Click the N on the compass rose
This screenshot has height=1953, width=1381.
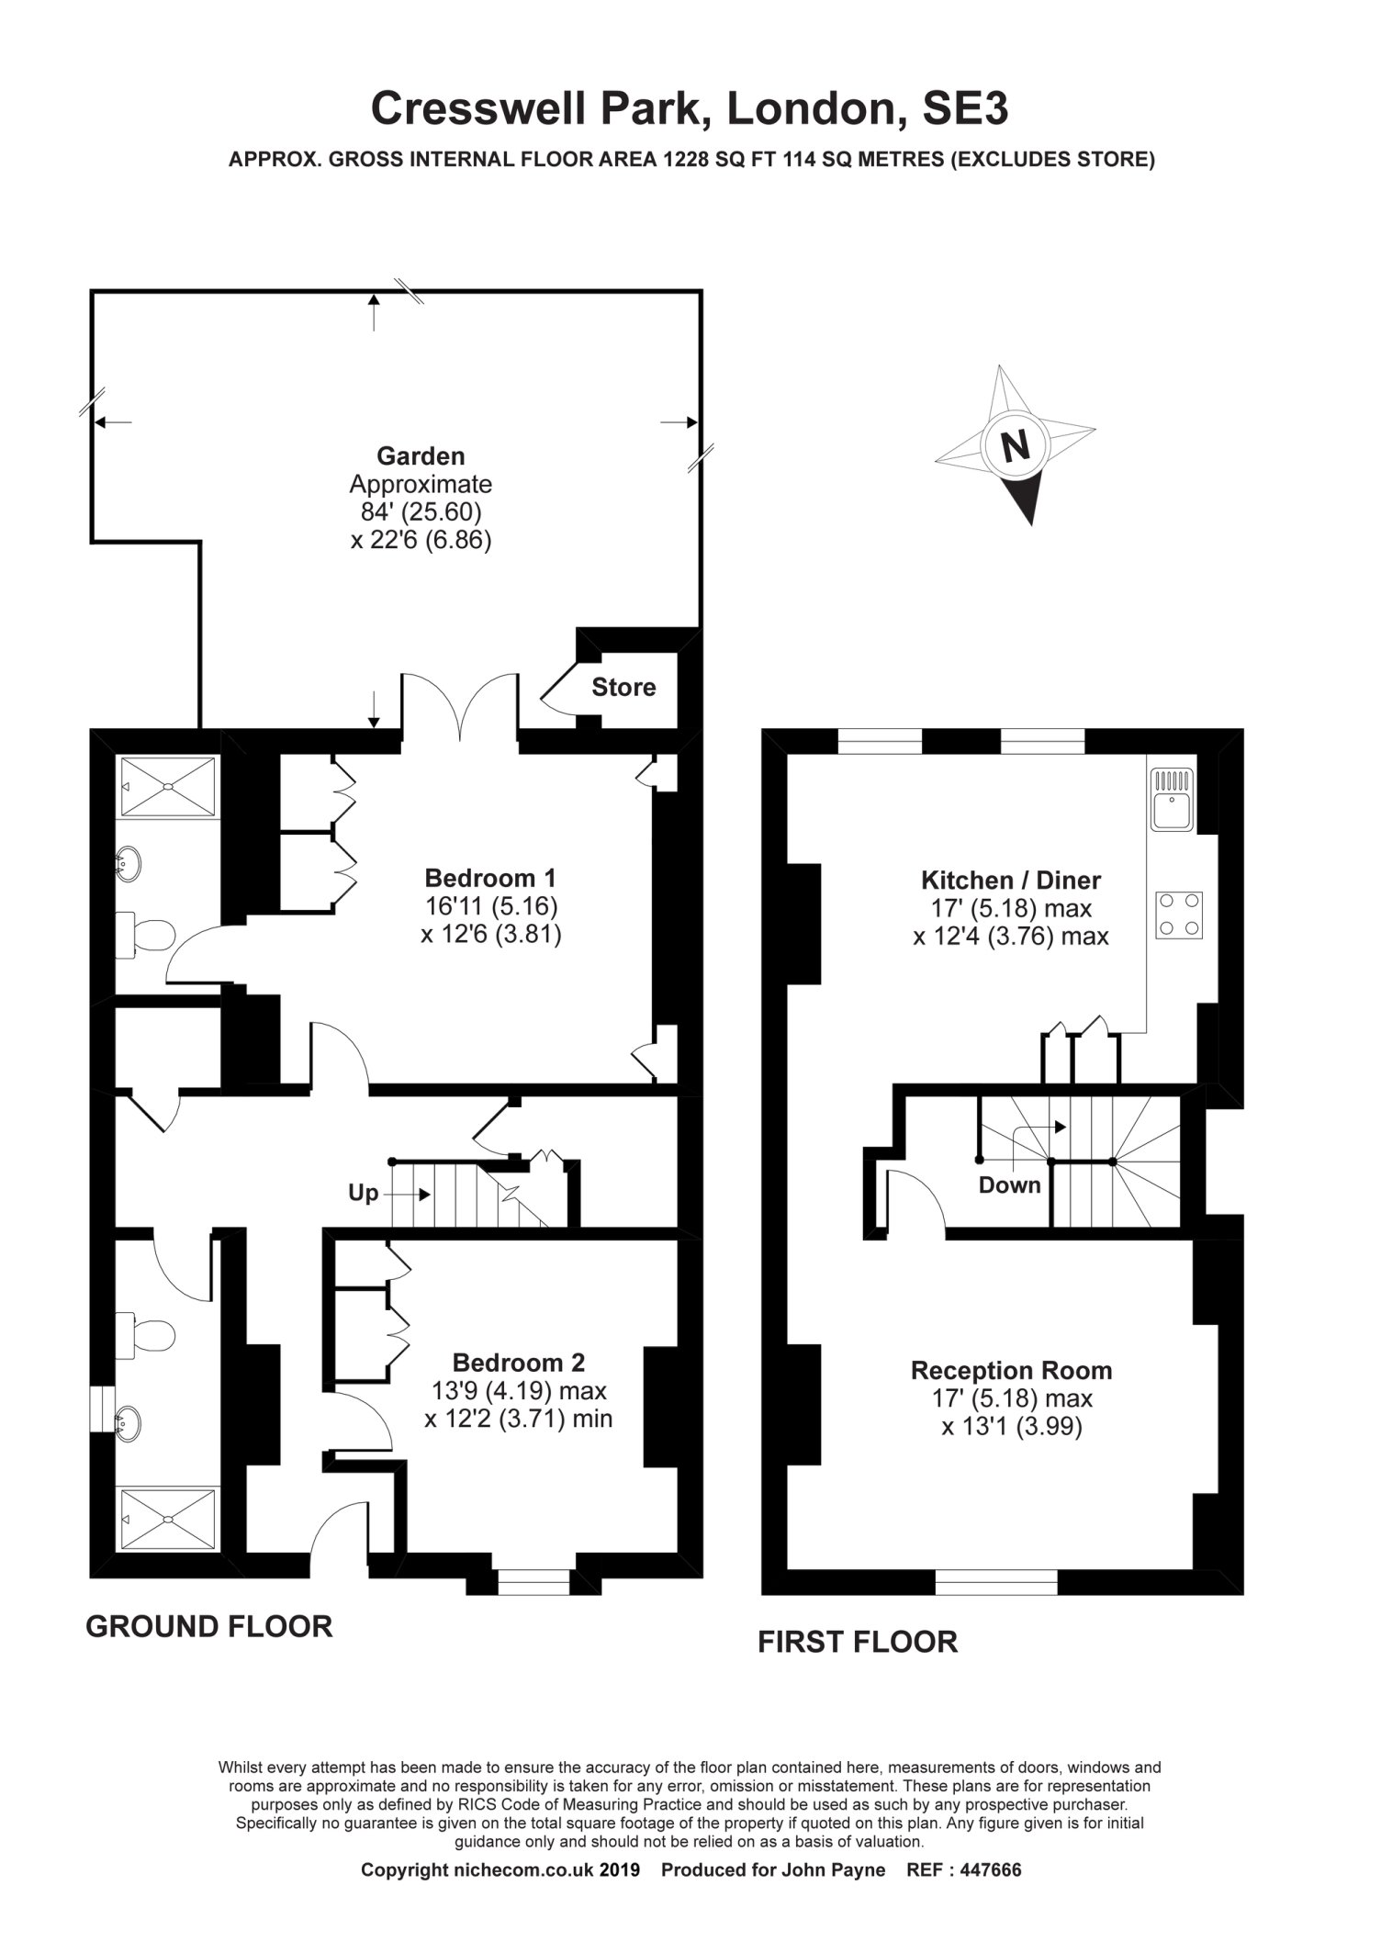1015,446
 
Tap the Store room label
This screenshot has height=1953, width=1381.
623,687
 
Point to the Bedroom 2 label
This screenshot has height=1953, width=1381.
518,1363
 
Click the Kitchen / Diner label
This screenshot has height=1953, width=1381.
1010,881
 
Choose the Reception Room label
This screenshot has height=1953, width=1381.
1011,1371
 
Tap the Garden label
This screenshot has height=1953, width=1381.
421,455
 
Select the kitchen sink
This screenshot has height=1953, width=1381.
1171,800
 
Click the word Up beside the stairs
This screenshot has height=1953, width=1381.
363,1194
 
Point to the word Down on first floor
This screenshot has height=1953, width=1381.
1009,1184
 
